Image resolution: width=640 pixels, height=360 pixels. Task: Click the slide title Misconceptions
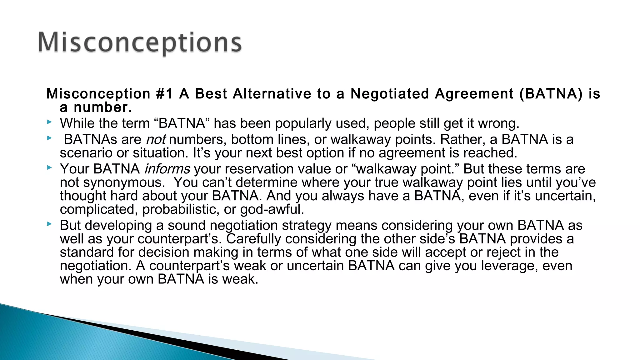coord(140,43)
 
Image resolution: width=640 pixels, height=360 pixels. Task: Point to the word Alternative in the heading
coord(272,94)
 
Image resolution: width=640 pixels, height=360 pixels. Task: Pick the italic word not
coord(156,139)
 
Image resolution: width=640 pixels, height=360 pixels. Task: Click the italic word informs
coord(167,169)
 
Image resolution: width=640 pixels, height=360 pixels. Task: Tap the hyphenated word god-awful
coord(272,209)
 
